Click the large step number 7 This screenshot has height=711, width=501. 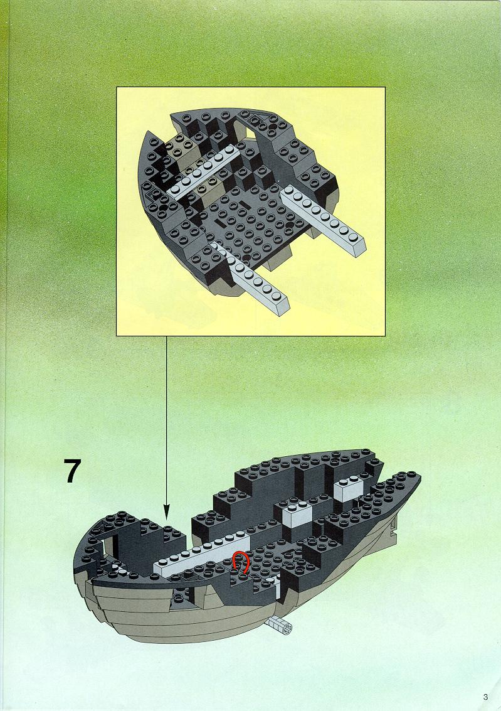click(73, 471)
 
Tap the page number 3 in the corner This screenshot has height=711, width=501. click(485, 697)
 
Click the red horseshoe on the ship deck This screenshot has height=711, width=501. click(241, 562)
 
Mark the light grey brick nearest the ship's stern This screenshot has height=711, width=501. click(349, 489)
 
